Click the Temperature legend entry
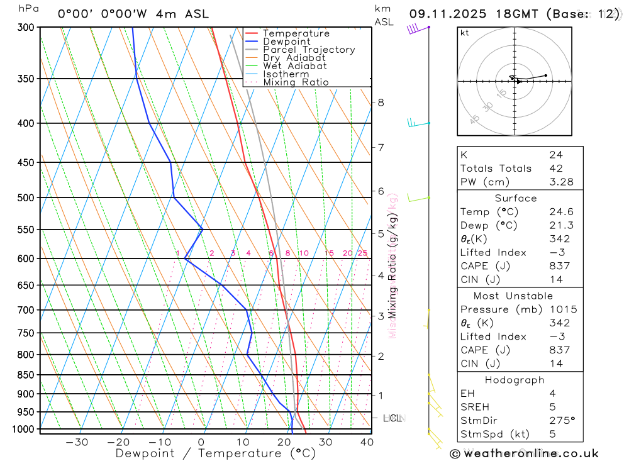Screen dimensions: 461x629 click(x=296, y=33)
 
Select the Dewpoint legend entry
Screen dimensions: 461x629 click(x=287, y=42)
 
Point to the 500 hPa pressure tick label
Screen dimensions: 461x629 click(x=26, y=197)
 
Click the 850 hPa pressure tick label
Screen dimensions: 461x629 click(x=26, y=375)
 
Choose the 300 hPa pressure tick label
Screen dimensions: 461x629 click(x=26, y=27)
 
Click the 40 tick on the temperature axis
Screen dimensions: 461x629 click(x=366, y=442)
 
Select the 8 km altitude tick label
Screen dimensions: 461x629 click(x=381, y=103)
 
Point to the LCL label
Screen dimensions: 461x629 click(x=392, y=418)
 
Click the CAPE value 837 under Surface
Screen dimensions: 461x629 click(x=556, y=266)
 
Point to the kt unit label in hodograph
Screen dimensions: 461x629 click(x=465, y=33)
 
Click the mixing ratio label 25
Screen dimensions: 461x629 click(x=362, y=253)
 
